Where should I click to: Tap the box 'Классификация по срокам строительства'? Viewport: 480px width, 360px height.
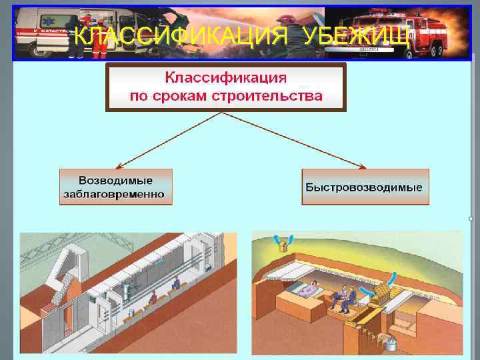[226, 87]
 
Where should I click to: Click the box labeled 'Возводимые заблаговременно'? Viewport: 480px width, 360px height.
[116, 187]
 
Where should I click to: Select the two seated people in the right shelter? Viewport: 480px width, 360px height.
[343, 297]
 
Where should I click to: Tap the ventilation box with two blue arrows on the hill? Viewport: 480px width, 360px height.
[284, 245]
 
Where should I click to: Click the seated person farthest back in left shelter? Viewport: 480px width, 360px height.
[176, 283]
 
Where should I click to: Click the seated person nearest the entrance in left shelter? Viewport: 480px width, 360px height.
[153, 298]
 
